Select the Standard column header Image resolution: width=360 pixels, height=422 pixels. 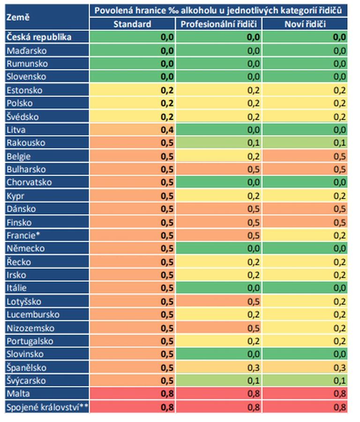(132, 24)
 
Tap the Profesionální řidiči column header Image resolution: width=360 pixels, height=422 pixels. (218, 24)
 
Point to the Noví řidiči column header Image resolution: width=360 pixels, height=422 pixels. (305, 24)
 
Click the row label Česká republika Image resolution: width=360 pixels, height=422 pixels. (39, 37)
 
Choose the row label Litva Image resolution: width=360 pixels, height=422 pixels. (17, 130)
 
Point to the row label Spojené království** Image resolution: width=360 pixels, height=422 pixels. (45, 407)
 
